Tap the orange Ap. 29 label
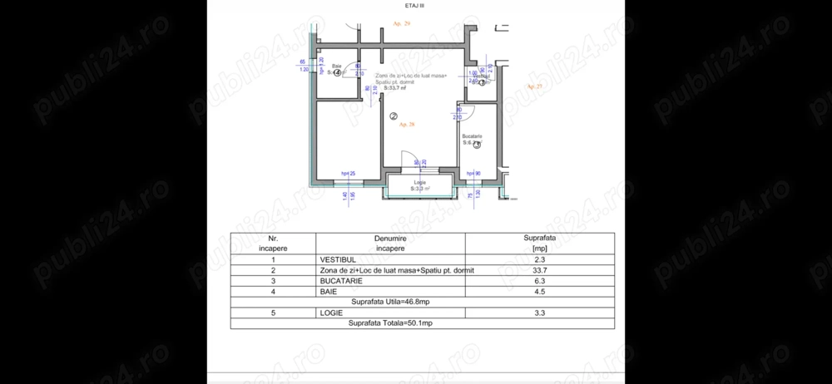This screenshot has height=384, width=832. coord(401,24)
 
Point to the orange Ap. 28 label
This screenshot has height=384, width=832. coord(407,125)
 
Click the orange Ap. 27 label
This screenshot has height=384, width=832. coord(533,86)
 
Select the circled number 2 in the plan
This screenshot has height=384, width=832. coord(394,116)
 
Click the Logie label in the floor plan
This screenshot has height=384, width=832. coord(419,182)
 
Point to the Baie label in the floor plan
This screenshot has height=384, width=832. coord(337,66)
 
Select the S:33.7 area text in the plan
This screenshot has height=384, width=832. coord(409,87)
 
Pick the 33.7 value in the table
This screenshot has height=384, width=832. coord(539,270)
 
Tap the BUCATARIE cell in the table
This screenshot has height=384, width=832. coord(341,281)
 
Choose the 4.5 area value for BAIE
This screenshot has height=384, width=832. coord(539,291)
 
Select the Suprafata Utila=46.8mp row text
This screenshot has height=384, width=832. coord(389,302)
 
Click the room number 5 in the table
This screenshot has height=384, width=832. coord(273,313)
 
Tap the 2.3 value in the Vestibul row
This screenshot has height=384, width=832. coord(539,259)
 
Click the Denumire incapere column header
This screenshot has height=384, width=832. coord(389,243)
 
